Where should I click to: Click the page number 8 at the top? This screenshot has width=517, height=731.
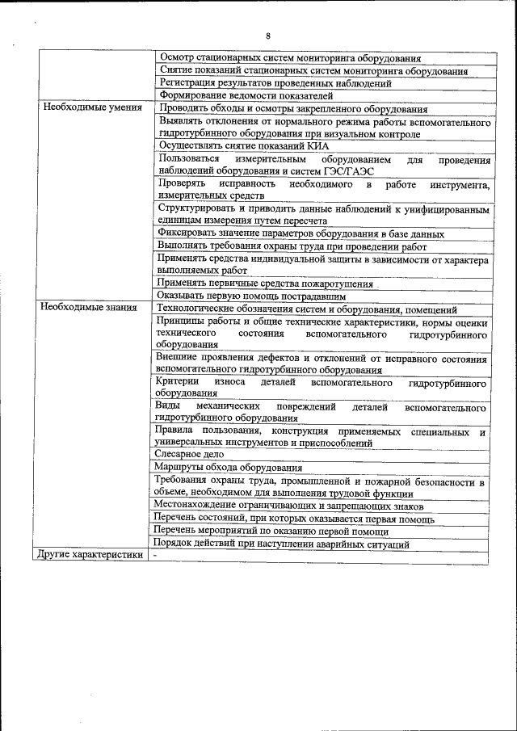(x=267, y=35)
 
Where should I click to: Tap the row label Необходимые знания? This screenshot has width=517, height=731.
(x=90, y=308)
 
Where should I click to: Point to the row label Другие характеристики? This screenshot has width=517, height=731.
(x=89, y=555)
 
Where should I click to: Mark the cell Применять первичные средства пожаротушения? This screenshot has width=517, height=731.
(x=266, y=284)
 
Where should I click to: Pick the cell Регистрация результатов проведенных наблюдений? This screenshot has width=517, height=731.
(x=275, y=82)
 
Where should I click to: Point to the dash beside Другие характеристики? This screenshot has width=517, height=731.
(x=158, y=555)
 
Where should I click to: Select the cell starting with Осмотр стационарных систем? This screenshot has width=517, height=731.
(x=290, y=58)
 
